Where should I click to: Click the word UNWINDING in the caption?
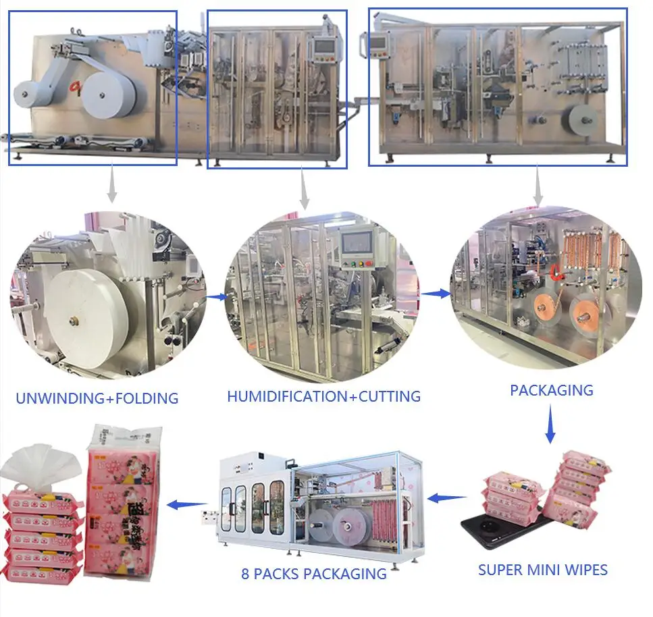pos(57,398)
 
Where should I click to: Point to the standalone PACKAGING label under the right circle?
pos(551,390)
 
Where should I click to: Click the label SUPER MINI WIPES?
pos(543,570)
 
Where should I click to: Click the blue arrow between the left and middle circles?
pos(215,296)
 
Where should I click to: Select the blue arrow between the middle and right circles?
pos(435,294)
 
